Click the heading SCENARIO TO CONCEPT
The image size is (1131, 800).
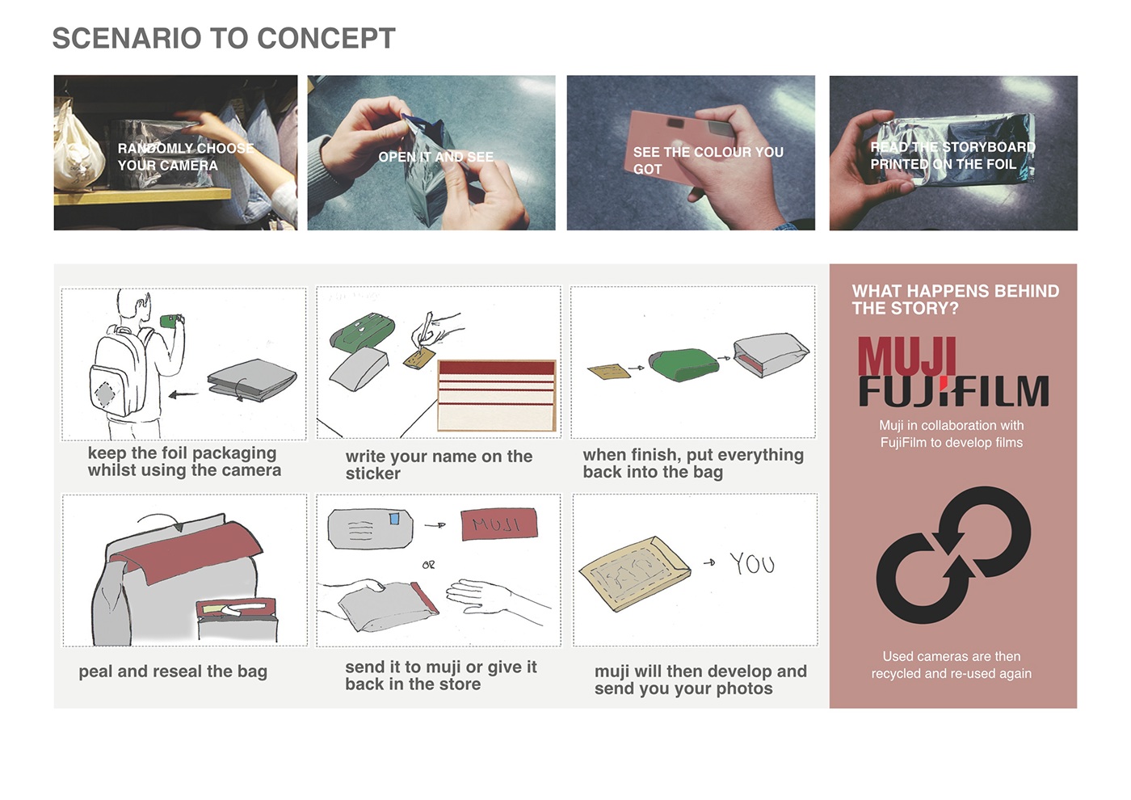point(224,38)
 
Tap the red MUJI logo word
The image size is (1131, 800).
point(906,357)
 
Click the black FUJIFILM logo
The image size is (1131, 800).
point(953,391)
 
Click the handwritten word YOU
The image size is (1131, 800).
point(751,563)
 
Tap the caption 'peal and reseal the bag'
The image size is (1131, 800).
point(173,672)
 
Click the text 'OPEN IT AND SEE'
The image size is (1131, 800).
point(435,157)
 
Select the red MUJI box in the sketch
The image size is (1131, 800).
point(498,524)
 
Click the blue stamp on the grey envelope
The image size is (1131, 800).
point(395,519)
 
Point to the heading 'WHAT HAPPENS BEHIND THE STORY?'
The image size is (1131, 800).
point(955,300)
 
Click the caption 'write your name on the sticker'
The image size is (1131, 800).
point(439,465)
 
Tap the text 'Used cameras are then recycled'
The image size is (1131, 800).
point(951,665)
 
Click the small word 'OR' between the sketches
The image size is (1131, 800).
point(428,565)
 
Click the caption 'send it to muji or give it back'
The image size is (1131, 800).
point(440,676)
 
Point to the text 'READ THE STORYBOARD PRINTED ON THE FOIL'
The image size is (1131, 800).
point(952,155)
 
